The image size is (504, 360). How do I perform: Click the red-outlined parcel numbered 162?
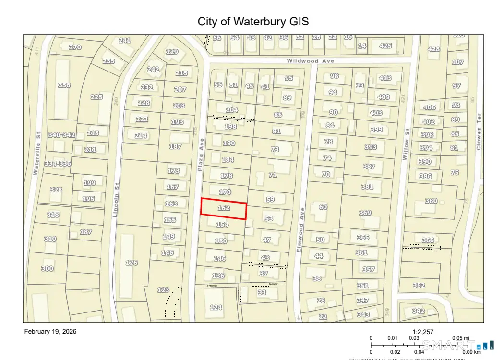click(224, 209)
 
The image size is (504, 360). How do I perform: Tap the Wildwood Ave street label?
click(310, 61)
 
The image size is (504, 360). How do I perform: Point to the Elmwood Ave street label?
click(300, 230)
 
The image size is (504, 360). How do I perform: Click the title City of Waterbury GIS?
click(253, 22)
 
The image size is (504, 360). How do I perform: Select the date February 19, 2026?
click(50, 331)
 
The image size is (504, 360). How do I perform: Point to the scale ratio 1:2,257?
click(423, 331)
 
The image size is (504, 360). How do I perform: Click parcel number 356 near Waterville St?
click(64, 85)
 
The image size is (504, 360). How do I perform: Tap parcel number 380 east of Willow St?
click(431, 201)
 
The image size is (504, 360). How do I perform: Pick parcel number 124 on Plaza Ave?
click(216, 307)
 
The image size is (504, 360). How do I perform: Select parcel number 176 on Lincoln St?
click(131, 263)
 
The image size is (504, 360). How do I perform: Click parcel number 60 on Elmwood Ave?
click(323, 207)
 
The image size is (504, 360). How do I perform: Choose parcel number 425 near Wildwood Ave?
click(385, 46)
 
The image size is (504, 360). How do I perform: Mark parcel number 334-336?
click(58, 164)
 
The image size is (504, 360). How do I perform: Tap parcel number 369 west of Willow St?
click(365, 213)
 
